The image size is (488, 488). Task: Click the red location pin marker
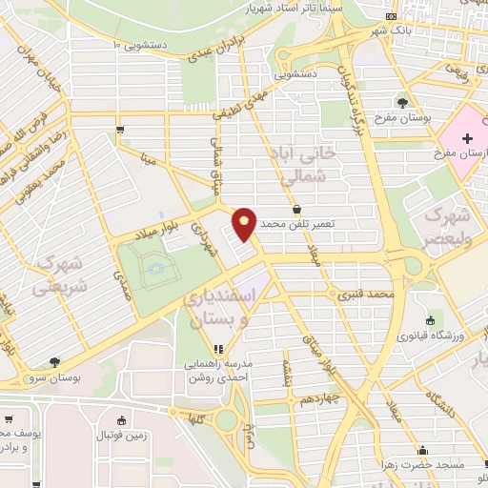click(244, 222)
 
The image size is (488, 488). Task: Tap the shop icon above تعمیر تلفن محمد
click(296, 209)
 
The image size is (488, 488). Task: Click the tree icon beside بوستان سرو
click(52, 363)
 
